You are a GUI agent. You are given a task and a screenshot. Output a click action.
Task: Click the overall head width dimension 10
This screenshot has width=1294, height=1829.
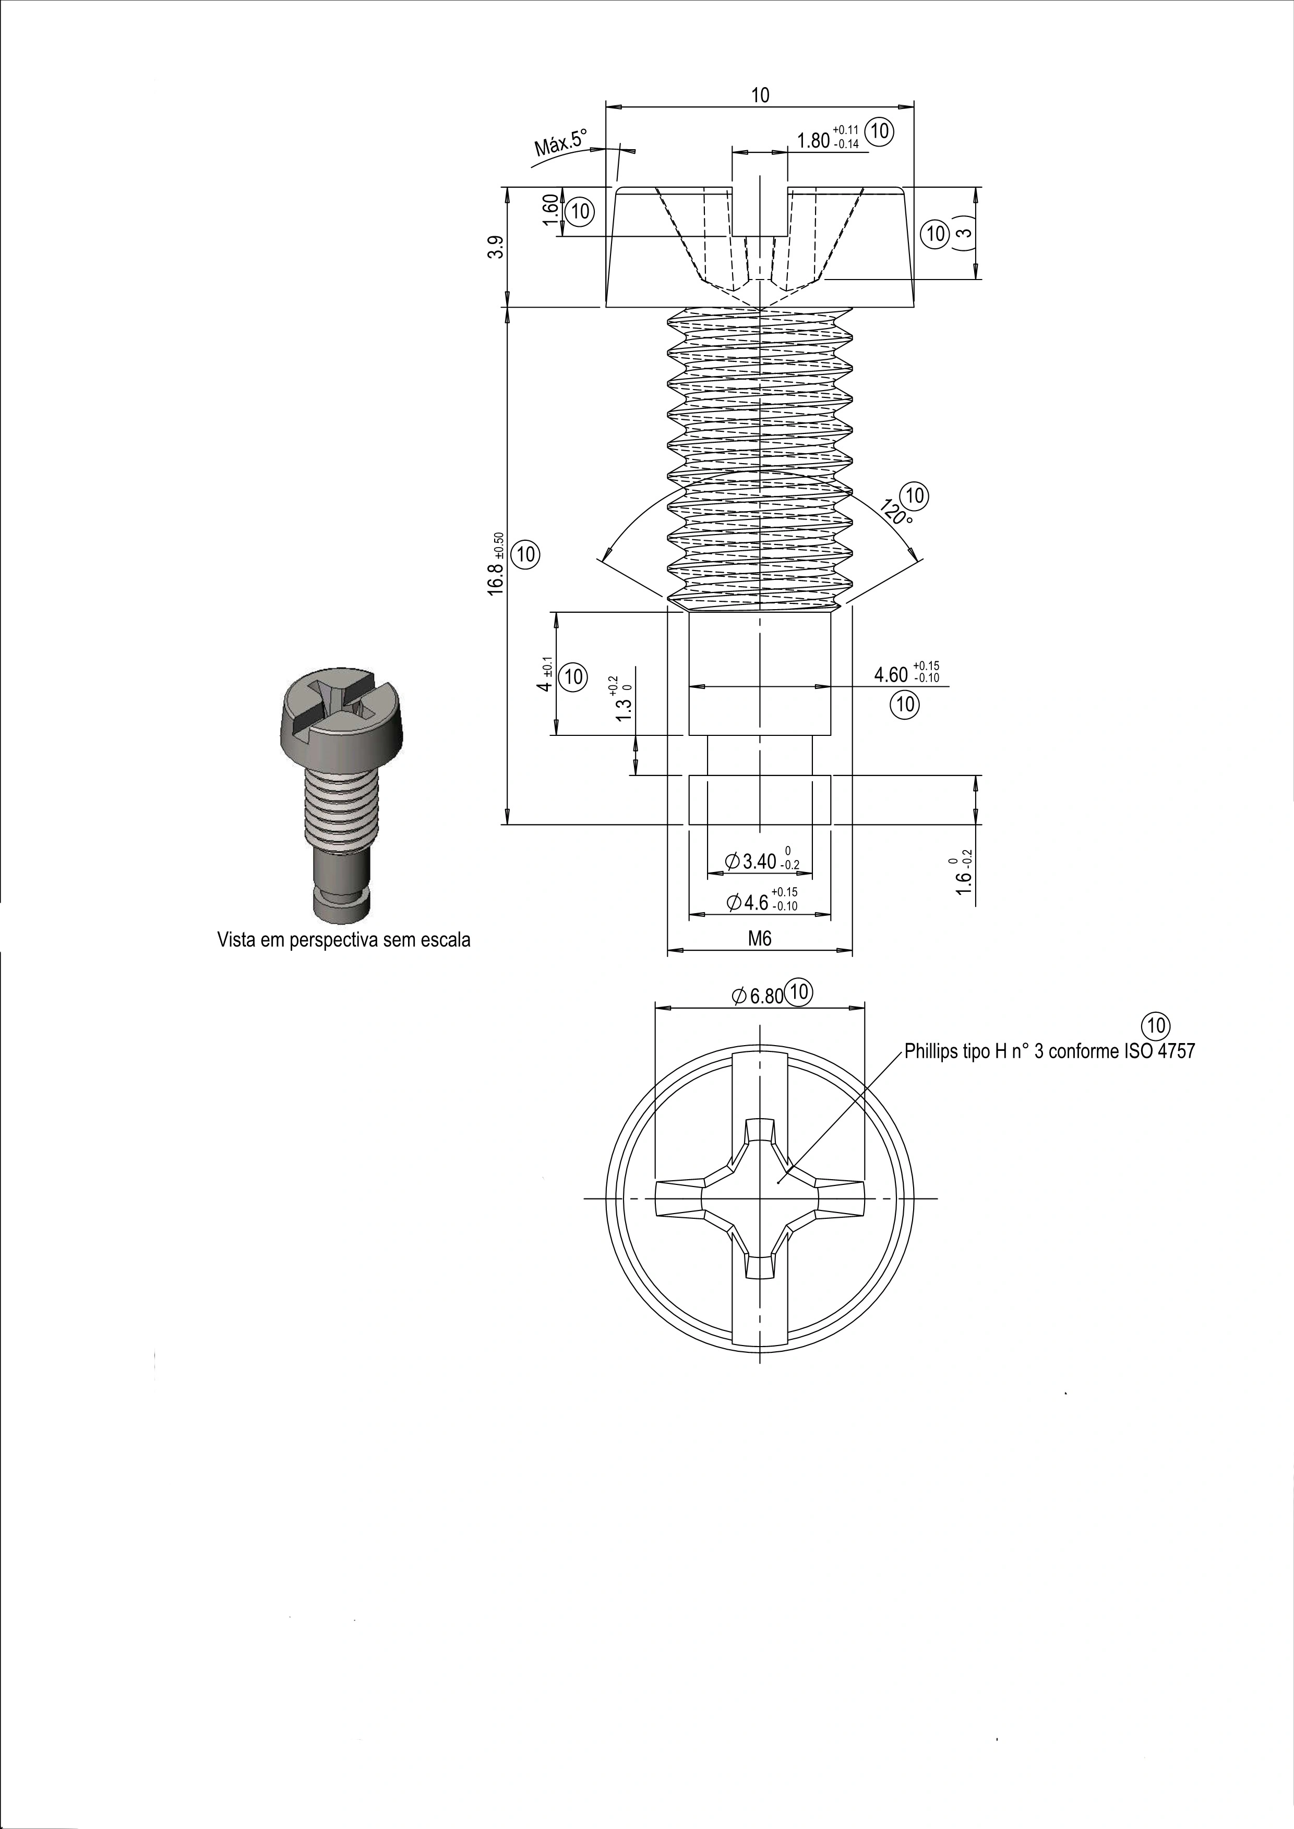pos(760,95)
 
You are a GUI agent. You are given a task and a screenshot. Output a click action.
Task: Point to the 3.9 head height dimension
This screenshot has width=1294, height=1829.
pos(496,248)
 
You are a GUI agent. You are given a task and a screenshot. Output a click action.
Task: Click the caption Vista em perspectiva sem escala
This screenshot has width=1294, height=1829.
pos(344,940)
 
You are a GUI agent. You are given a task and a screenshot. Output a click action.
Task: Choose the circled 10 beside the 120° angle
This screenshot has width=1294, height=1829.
pos(915,495)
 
